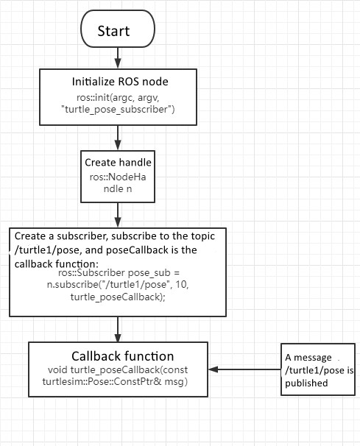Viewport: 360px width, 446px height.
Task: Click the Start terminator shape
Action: click(117, 31)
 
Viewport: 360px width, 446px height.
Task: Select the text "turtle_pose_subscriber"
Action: click(117, 110)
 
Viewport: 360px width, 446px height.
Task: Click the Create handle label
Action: click(117, 163)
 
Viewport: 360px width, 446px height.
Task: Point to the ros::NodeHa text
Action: click(117, 177)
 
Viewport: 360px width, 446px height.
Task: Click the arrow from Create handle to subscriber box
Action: click(117, 213)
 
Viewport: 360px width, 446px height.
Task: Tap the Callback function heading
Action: click(122, 356)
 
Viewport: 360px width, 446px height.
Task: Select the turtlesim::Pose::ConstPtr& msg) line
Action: click(118, 382)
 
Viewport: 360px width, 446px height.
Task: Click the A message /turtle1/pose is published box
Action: click(320, 369)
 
